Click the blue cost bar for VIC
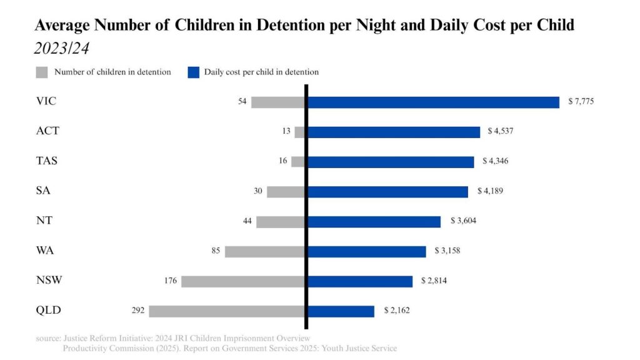point(433,102)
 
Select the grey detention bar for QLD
point(227,311)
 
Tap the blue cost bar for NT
point(374,221)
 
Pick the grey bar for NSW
point(243,281)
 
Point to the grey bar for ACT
point(299,132)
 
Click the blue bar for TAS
point(391,161)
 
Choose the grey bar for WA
point(265,251)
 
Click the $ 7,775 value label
point(581,101)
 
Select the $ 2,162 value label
point(396,310)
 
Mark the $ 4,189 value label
point(489,191)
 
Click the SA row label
point(43,191)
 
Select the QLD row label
point(49,310)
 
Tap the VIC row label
point(47,101)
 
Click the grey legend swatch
point(42,72)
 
